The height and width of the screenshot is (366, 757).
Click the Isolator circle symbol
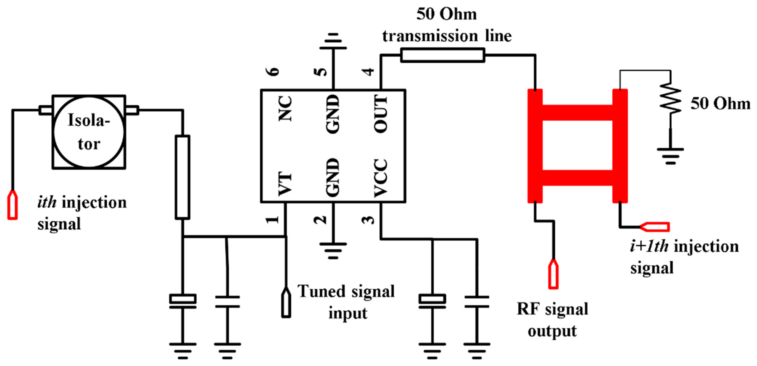pyautogui.click(x=89, y=132)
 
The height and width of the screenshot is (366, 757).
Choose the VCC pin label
pyautogui.click(x=381, y=178)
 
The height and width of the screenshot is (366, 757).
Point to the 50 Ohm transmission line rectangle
pyautogui.click(x=442, y=55)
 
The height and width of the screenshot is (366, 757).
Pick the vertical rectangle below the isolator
pyautogui.click(x=182, y=177)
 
